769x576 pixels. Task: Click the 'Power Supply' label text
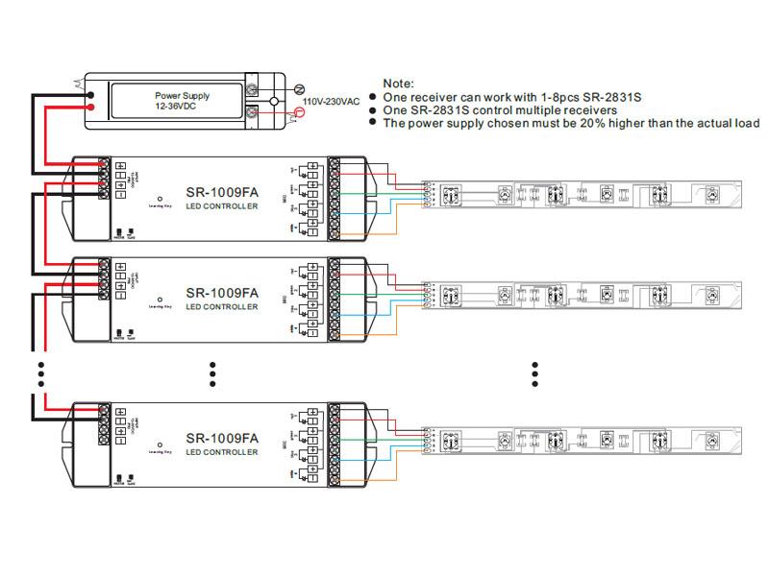pyautogui.click(x=183, y=97)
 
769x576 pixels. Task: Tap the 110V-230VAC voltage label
pyautogui.click(x=332, y=101)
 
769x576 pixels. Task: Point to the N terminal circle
pyautogui.click(x=298, y=87)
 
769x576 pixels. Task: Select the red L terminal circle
pyautogui.click(x=298, y=113)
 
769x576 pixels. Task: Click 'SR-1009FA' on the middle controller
pyautogui.click(x=222, y=293)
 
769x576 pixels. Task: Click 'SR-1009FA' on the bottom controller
pyautogui.click(x=222, y=436)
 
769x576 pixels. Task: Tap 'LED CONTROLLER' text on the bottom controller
pyautogui.click(x=222, y=451)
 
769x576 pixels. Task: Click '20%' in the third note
pyautogui.click(x=574, y=123)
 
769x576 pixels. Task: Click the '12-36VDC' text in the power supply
pyautogui.click(x=183, y=108)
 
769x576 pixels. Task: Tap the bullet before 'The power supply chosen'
pyautogui.click(x=372, y=123)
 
